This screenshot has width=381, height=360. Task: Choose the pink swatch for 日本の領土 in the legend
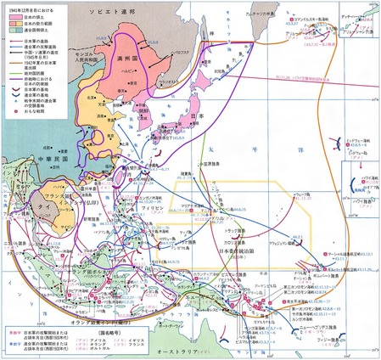click(x=9, y=18)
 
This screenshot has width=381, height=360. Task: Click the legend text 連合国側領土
click(x=29, y=31)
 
